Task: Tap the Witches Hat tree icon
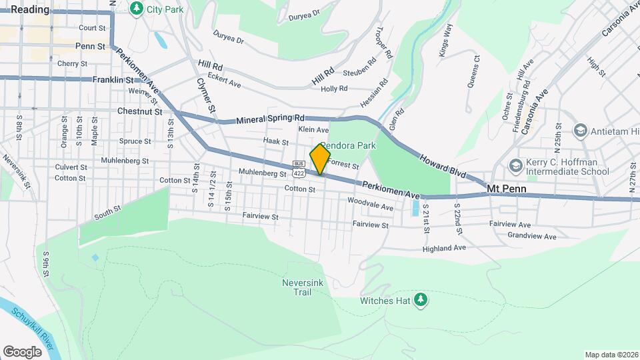(420, 300)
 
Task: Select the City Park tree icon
(137, 9)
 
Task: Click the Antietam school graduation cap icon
(579, 131)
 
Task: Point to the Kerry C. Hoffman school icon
(515, 165)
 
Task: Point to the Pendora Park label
(349, 145)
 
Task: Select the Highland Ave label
(444, 248)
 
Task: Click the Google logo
(22, 351)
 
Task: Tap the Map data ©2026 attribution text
(611, 355)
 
